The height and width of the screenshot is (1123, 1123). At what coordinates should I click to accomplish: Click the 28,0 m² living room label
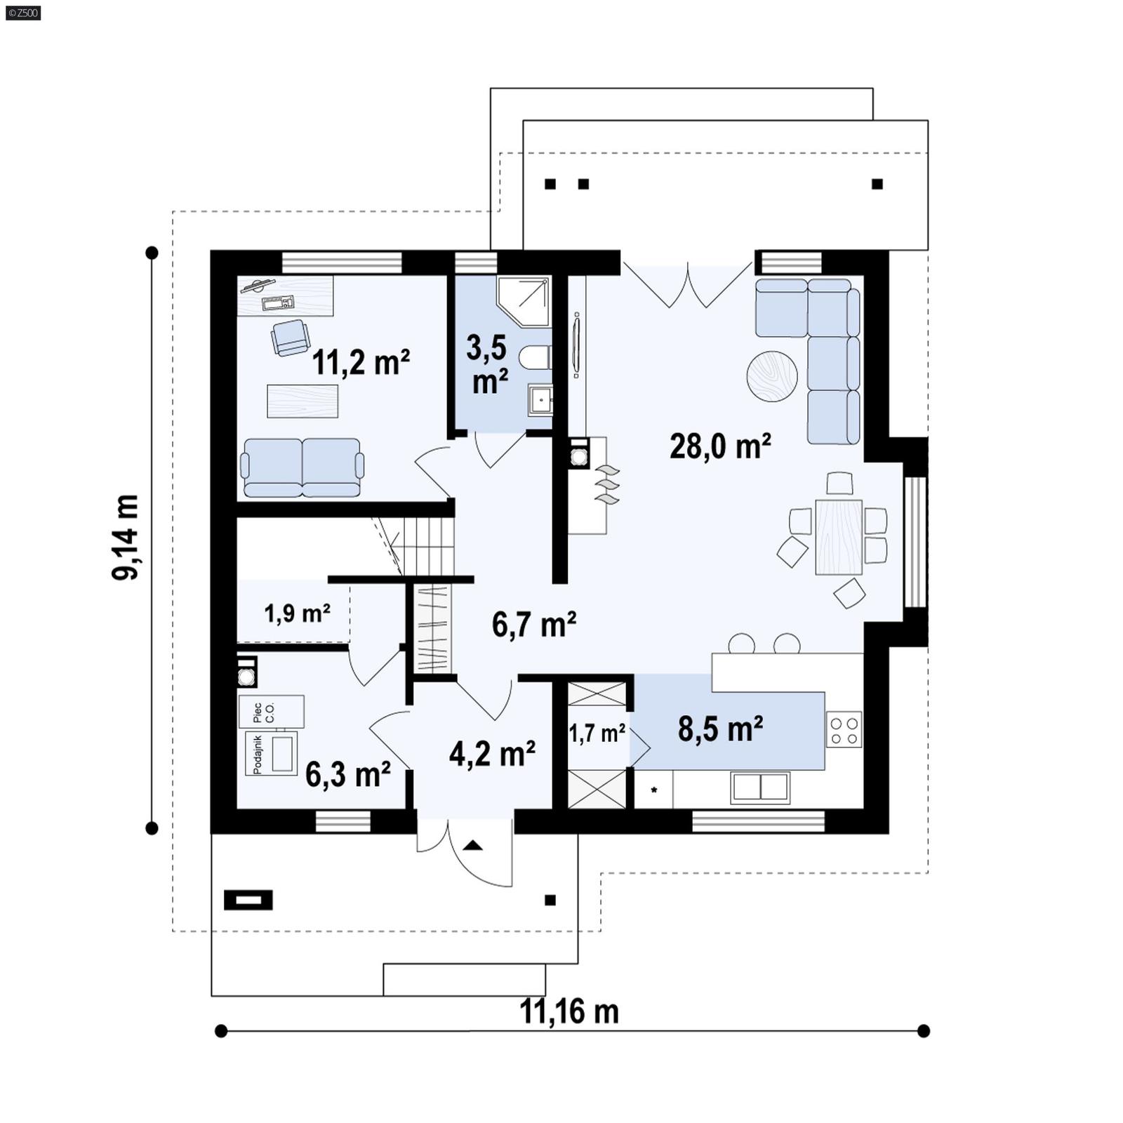720,446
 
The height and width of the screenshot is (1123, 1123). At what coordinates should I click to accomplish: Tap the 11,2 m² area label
361,363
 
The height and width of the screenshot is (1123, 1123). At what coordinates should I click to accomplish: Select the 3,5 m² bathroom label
489,365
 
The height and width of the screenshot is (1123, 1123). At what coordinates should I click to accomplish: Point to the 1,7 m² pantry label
597,733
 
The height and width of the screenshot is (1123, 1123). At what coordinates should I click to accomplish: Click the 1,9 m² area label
297,613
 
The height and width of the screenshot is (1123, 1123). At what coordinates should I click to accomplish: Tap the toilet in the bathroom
535,358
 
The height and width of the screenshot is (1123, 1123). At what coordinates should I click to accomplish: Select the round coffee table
771,376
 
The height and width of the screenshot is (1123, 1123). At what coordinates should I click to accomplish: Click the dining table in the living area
839,536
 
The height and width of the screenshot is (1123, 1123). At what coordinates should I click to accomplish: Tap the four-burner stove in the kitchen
844,729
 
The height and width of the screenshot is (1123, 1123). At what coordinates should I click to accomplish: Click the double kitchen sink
760,787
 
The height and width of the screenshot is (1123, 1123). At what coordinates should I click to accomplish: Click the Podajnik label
258,755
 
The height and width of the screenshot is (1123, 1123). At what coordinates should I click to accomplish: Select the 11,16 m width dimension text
569,1011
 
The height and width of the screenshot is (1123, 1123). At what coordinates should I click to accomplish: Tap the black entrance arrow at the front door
473,845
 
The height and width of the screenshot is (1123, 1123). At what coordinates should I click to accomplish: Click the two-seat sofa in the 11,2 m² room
302,467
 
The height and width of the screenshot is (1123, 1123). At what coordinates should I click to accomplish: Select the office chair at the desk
291,336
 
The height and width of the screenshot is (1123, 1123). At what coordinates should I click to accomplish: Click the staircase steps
428,546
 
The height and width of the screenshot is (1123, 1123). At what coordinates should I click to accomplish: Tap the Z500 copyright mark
22,12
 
